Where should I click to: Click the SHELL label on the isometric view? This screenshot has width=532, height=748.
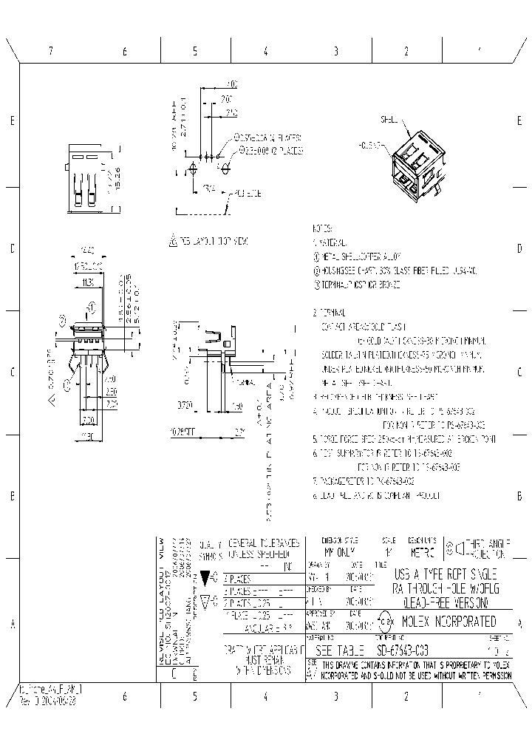389,119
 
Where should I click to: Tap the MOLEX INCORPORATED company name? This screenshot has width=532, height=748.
449,622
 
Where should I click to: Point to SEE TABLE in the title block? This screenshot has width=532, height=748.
340,650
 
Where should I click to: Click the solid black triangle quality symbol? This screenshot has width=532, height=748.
205,577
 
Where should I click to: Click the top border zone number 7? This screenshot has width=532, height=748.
51,52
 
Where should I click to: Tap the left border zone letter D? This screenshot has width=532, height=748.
13,248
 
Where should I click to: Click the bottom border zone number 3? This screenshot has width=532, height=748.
335,696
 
